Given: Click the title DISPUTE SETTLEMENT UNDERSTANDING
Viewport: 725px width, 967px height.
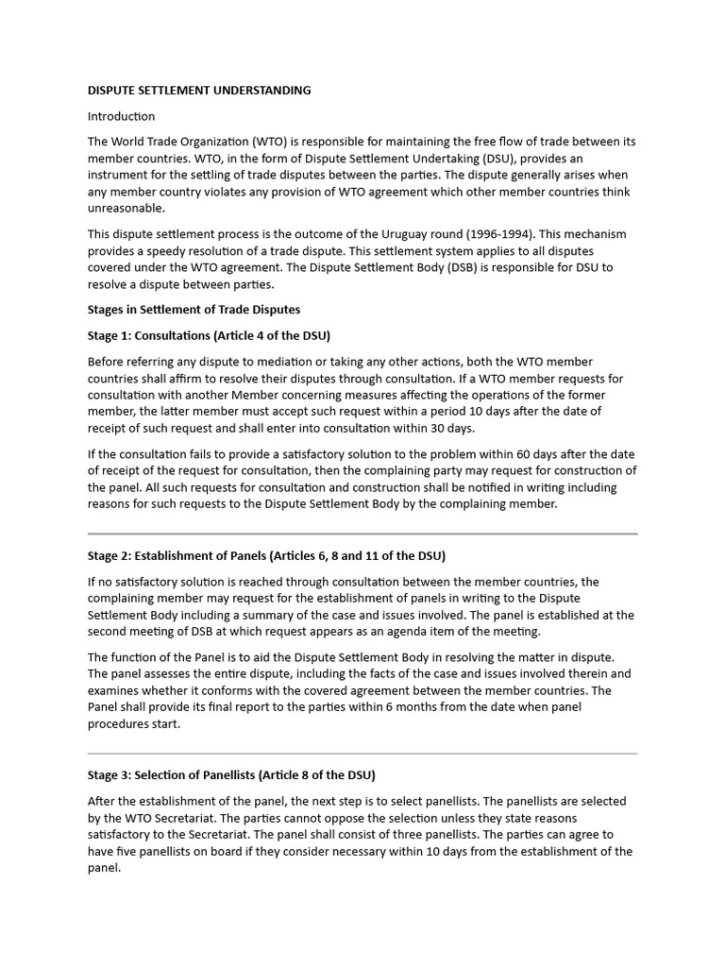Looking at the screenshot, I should (x=199, y=91).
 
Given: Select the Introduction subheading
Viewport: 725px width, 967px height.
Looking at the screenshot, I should (x=121, y=116).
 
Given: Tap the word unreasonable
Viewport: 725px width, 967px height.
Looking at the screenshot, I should (x=126, y=209).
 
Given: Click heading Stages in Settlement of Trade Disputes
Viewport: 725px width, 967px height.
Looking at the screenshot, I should (x=194, y=310).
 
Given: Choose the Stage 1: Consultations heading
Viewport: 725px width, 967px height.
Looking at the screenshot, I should (x=209, y=335).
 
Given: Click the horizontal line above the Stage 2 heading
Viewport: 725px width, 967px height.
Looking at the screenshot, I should (x=362, y=534).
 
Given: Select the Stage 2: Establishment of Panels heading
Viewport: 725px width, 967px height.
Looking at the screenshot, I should (x=266, y=555).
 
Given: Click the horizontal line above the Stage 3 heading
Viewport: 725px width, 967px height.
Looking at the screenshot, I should (x=362, y=754).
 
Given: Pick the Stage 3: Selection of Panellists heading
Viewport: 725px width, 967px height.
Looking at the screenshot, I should (x=231, y=775).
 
